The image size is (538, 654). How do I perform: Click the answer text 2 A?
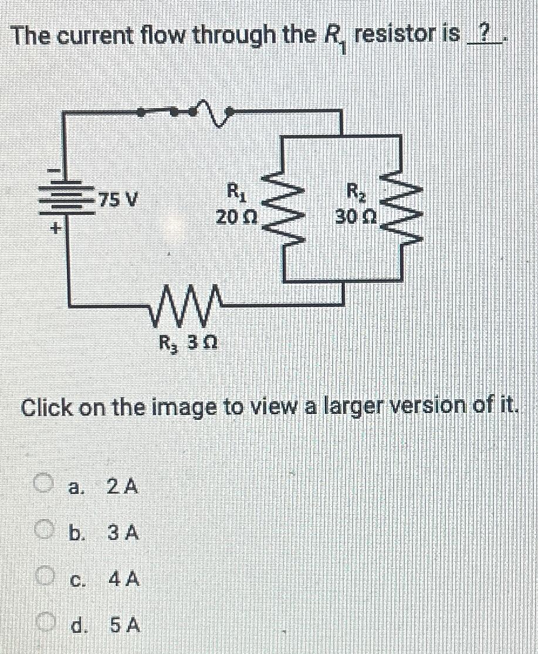pos(123,486)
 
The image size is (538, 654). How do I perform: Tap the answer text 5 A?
pos(124,626)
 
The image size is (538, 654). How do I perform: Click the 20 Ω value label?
pos(235,218)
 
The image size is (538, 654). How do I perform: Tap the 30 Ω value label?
pos(357,218)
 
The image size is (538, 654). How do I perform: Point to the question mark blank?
pos(483,36)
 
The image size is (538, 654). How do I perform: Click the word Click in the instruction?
pos(47,406)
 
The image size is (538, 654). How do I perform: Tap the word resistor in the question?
pos(399,36)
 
